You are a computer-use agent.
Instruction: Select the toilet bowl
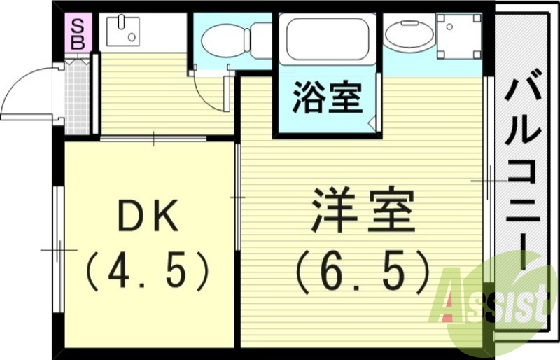[222, 41]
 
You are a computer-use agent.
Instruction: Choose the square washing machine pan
[458, 35]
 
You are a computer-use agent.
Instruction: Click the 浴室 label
[327, 98]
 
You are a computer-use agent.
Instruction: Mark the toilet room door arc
[207, 91]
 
